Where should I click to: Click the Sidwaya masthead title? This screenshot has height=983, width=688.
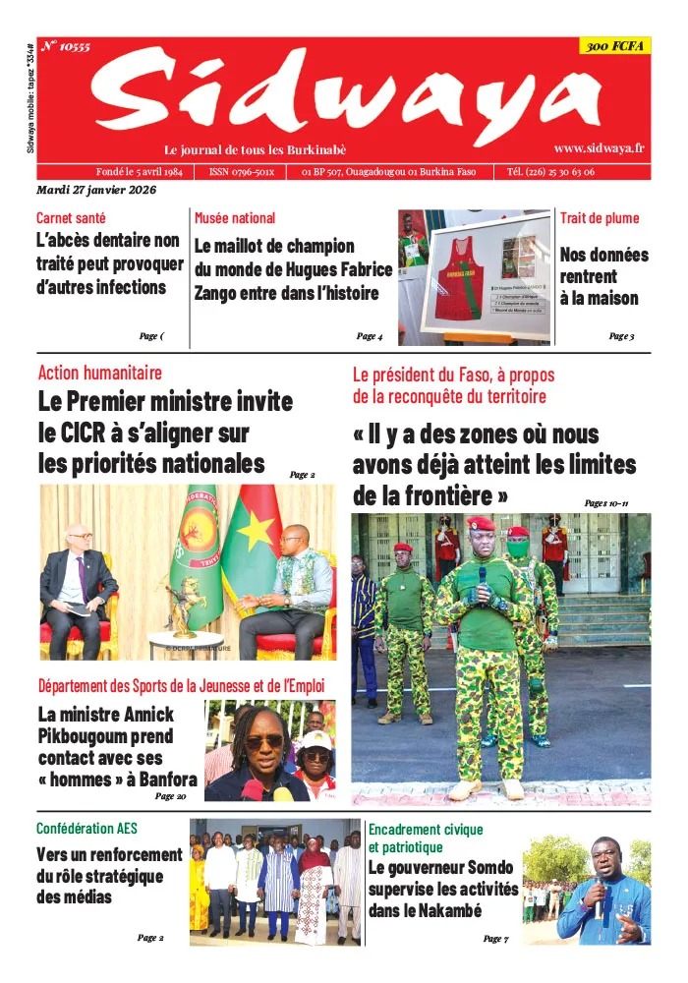tap(344, 95)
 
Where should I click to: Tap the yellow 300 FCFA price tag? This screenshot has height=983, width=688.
tap(615, 46)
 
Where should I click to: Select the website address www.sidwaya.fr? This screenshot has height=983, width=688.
tap(599, 147)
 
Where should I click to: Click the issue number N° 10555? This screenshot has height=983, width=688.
tap(65, 46)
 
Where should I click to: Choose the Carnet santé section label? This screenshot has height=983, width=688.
tap(71, 217)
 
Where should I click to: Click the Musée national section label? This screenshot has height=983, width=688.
tap(235, 217)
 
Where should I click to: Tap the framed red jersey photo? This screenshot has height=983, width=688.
tap(485, 273)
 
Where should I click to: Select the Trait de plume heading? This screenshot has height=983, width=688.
tap(600, 217)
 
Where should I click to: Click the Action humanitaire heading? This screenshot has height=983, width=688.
tap(100, 373)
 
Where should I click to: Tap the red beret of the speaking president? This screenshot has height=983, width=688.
tap(481, 524)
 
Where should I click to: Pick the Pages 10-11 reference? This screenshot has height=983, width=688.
tap(605, 502)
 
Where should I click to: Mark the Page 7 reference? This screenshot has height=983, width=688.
tap(495, 939)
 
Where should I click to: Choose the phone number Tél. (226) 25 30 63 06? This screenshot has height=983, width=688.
tap(564, 171)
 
